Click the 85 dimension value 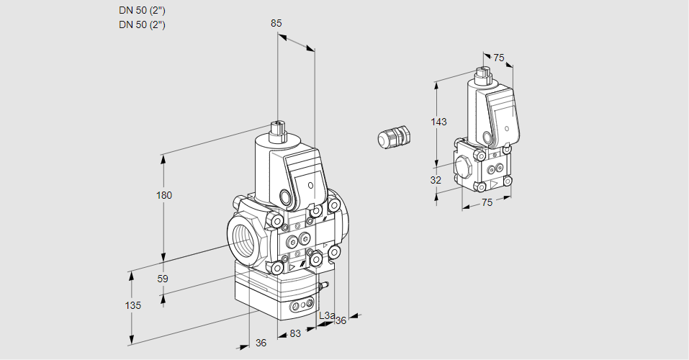tap(276, 23)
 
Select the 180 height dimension tap(166, 195)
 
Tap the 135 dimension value tap(132, 305)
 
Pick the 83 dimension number tap(294, 333)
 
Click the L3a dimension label tap(327, 315)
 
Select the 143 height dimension tap(438, 122)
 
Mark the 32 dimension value tap(436, 180)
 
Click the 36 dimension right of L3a tap(341, 320)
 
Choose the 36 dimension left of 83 tap(261, 343)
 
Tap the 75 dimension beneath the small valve tap(487, 202)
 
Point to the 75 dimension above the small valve tap(499, 58)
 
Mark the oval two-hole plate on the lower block tap(296, 307)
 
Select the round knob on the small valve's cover tap(488, 137)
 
